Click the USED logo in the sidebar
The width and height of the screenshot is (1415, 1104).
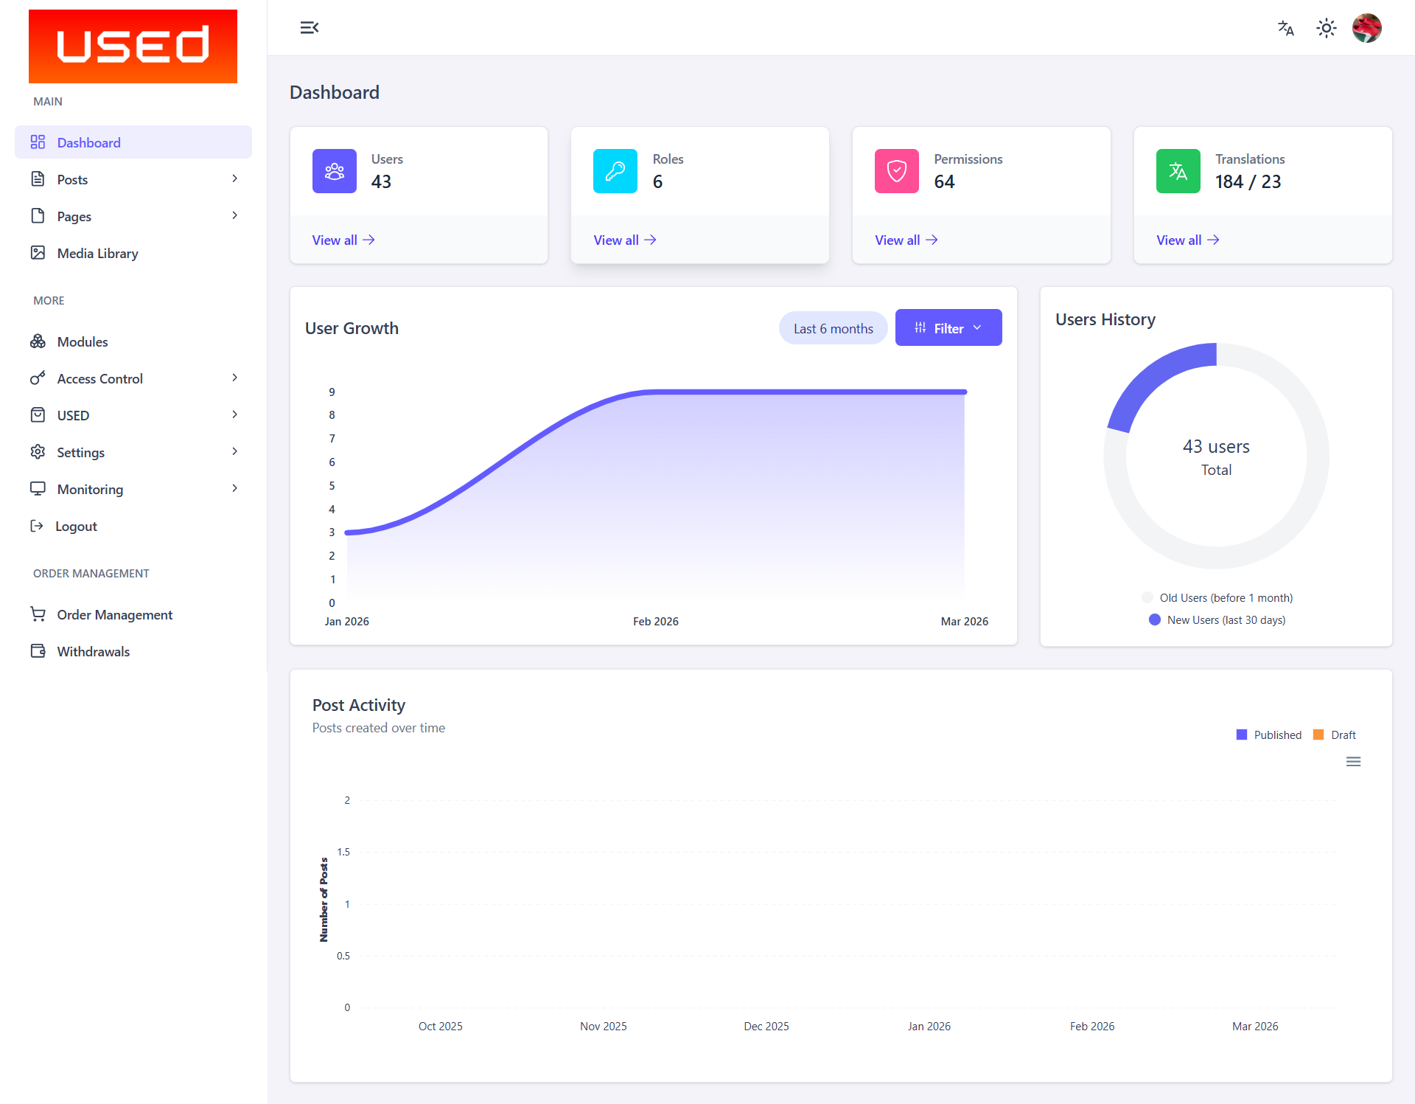click(133, 46)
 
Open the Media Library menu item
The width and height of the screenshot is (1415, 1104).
click(97, 253)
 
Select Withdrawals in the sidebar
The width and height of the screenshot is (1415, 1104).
click(93, 651)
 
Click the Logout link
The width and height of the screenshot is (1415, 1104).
click(75, 526)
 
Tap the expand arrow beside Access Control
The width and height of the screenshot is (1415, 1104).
click(234, 378)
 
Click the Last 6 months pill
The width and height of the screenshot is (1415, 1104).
click(833, 328)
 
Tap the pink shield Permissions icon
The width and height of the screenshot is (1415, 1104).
click(896, 171)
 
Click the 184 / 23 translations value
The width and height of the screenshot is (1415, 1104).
click(1248, 181)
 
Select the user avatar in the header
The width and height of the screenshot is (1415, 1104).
click(1366, 28)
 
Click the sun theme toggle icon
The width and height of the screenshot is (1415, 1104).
click(1326, 28)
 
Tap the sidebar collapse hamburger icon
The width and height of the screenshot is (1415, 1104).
click(309, 28)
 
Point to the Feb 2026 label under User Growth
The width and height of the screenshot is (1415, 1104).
click(655, 621)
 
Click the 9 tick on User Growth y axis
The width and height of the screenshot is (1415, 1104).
click(332, 392)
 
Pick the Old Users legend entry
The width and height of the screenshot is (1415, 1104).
click(1225, 597)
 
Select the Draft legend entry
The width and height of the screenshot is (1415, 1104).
click(1342, 735)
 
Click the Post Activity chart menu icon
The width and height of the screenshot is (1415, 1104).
click(1353, 761)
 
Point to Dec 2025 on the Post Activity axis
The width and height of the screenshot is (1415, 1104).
click(766, 1026)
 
